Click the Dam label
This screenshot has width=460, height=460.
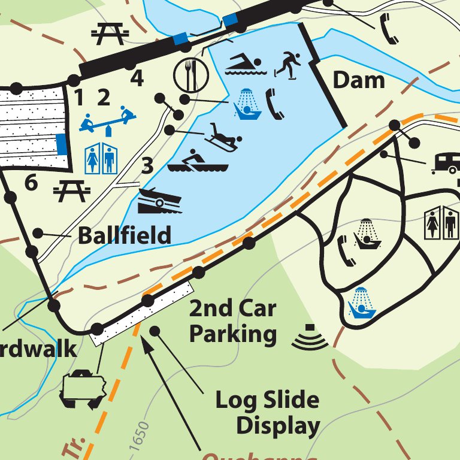pyautogui.click(x=359, y=80)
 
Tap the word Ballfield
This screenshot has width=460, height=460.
pyautogui.click(x=125, y=235)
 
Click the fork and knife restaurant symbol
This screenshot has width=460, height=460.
pyautogui.click(x=187, y=74)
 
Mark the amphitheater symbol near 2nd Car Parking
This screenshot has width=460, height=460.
pyautogui.click(x=310, y=339)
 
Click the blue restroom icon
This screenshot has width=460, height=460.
pyautogui.click(x=101, y=157)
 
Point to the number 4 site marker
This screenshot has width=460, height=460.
pyautogui.click(x=137, y=78)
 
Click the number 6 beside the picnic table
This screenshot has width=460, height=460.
pyautogui.click(x=31, y=183)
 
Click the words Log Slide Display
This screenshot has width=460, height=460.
pyautogui.click(x=267, y=413)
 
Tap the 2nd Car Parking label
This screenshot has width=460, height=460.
pyautogui.click(x=233, y=321)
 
